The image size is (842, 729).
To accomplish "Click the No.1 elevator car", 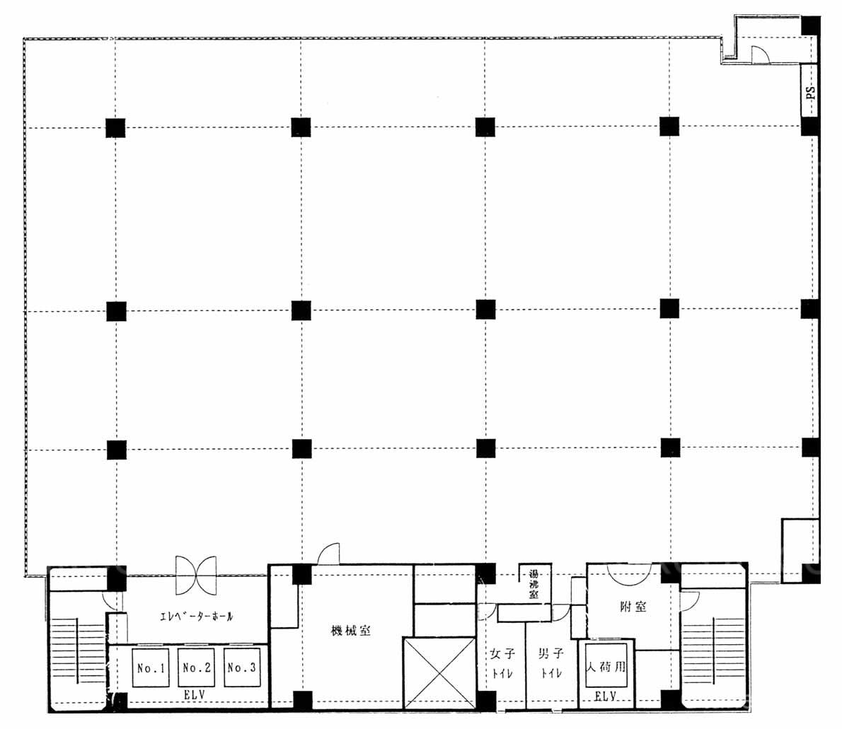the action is pyautogui.click(x=151, y=667).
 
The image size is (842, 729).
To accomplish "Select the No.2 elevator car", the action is pyautogui.click(x=196, y=667).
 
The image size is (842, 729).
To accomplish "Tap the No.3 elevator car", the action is pyautogui.click(x=242, y=667).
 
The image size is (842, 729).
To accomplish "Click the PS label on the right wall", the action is pyautogui.click(x=810, y=93).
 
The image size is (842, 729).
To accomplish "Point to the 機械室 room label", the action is pyautogui.click(x=351, y=630).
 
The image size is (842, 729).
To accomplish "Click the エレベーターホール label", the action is pyautogui.click(x=197, y=617).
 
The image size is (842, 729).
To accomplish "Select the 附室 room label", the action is pyautogui.click(x=633, y=607).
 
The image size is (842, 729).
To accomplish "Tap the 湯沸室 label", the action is pyautogui.click(x=534, y=585).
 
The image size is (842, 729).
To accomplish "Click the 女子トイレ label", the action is pyautogui.click(x=502, y=663).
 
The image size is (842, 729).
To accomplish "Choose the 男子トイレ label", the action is pyautogui.click(x=551, y=663).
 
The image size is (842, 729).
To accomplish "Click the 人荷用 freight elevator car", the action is pyautogui.click(x=606, y=665).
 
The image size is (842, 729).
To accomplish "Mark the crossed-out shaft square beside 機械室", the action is pyautogui.click(x=439, y=674).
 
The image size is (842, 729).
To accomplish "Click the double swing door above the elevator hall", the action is pyautogui.click(x=197, y=575).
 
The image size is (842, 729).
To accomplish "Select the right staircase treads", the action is pyautogui.click(x=713, y=651).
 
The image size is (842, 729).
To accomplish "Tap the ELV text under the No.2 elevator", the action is pyautogui.click(x=195, y=695).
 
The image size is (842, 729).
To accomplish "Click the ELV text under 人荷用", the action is pyautogui.click(x=606, y=696).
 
